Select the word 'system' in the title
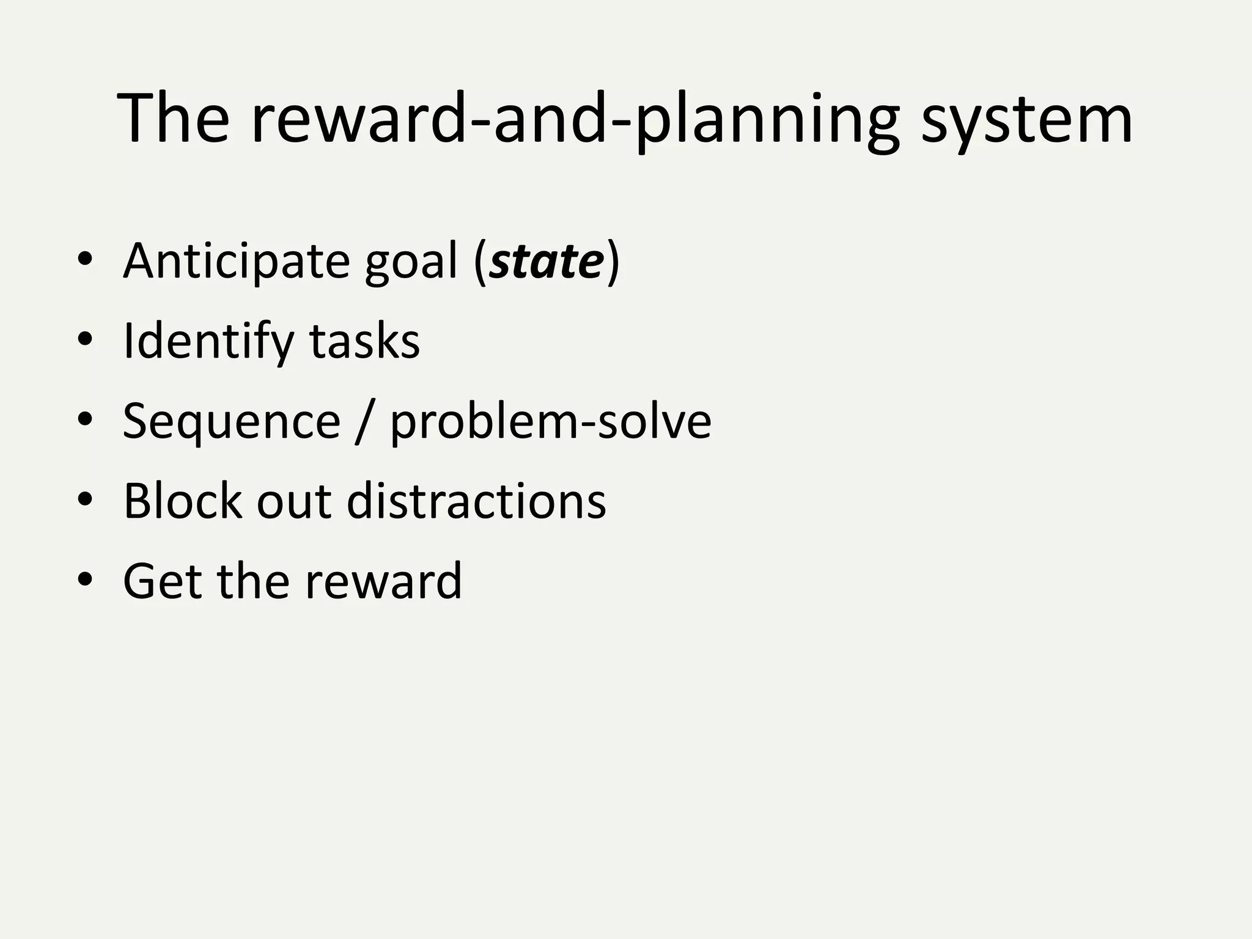point(1026,119)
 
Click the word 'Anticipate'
point(236,262)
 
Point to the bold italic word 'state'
point(547,262)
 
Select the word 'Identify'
point(208,342)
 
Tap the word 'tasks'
point(364,341)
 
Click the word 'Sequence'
point(231,421)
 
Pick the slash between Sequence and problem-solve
point(365,421)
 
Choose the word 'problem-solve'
point(551,421)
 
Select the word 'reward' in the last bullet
point(383,580)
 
